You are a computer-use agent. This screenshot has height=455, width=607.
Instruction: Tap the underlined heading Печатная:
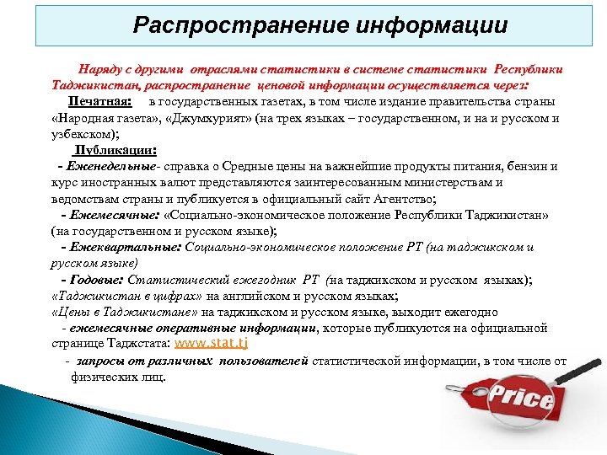pos(99,101)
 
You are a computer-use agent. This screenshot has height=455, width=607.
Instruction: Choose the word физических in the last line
pos(104,377)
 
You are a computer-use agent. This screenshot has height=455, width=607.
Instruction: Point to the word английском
pos(251,296)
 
